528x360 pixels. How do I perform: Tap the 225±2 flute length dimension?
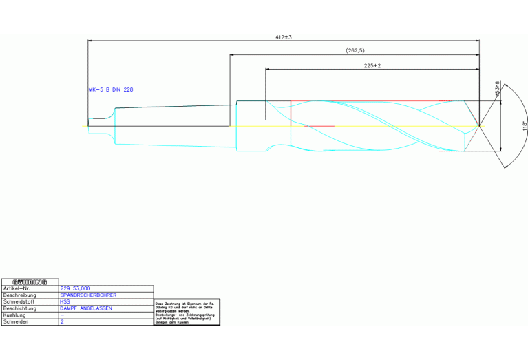pyautogui.click(x=372, y=65)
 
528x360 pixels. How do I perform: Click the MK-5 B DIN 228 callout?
pyautogui.click(x=111, y=89)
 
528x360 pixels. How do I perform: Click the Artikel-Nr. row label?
pyautogui.click(x=18, y=288)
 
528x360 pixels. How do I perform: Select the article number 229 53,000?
pyautogui.click(x=76, y=288)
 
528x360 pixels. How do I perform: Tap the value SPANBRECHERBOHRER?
pyautogui.click(x=89, y=295)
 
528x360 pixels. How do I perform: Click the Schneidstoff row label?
pyautogui.click(x=20, y=301)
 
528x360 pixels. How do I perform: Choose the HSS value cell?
pyautogui.click(x=65, y=301)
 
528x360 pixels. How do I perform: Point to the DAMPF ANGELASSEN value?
pyautogui.click(x=86, y=308)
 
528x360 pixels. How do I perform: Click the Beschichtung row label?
pyautogui.click(x=21, y=308)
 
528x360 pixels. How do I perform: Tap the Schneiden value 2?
pyautogui.click(x=62, y=321)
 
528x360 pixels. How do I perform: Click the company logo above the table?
pyautogui.click(x=30, y=282)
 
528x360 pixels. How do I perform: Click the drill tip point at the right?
pyautogui.click(x=480, y=125)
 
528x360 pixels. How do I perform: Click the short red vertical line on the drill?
pyautogui.click(x=291, y=112)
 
